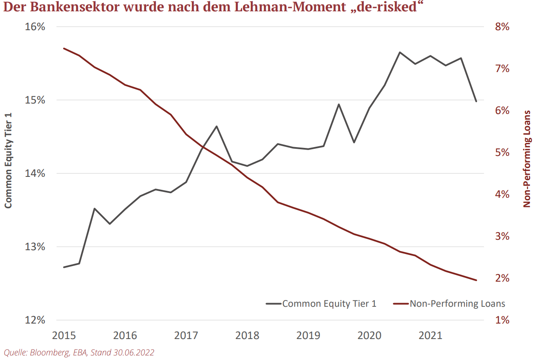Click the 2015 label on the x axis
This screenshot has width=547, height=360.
point(64,335)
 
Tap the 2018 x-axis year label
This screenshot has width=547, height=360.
point(248,335)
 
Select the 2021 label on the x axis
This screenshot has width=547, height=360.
point(431,335)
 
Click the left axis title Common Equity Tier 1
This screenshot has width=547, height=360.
point(8,161)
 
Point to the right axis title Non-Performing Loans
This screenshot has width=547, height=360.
point(527,159)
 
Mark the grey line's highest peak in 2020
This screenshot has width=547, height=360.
point(400,52)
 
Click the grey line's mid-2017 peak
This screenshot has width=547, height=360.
point(217,126)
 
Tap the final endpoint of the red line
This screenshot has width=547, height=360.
point(476,280)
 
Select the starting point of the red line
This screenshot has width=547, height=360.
point(64,48)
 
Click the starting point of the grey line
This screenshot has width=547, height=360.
point(64,267)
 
